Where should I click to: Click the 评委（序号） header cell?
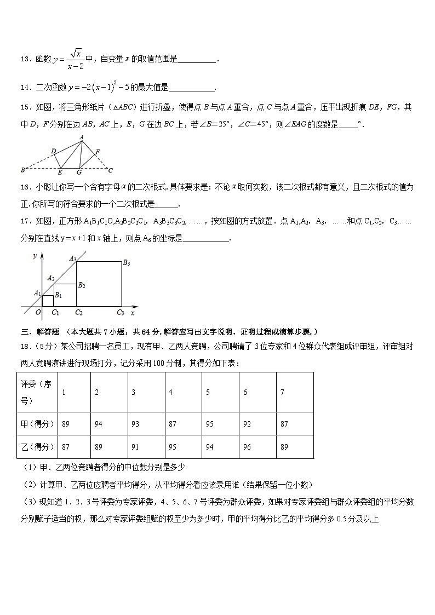[36, 392]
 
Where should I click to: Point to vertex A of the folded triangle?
[82, 137]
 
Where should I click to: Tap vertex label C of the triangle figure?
[111, 170]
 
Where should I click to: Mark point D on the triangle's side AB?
[53, 151]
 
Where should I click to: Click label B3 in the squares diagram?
[126, 263]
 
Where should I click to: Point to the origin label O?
[38, 312]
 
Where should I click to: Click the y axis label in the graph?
[35, 256]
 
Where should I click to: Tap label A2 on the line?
[51, 278]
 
